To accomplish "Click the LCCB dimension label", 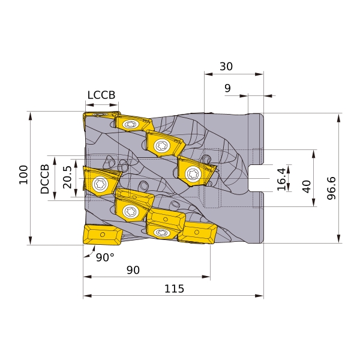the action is pos(101,95).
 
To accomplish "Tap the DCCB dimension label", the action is pos(45,179).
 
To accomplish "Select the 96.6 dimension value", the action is pos(331,188).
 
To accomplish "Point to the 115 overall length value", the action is pos(174,289).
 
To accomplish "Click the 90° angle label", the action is pos(105,257).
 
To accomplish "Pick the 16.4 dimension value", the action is pos(281,179).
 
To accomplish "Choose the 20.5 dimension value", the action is pos(67,177).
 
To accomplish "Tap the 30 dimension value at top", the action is pos(226,67).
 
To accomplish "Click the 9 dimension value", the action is pos(227,88).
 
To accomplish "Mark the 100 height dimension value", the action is pos(23,175).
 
